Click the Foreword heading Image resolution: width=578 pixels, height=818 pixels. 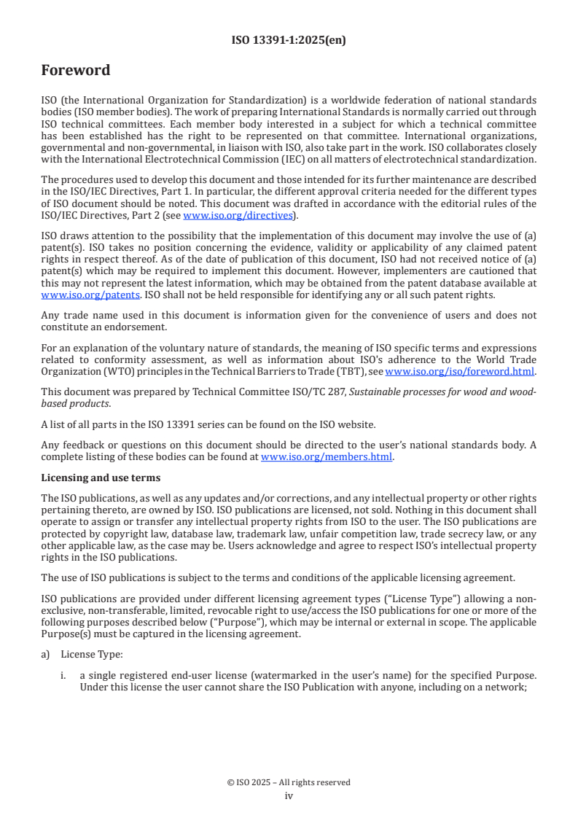coord(76,71)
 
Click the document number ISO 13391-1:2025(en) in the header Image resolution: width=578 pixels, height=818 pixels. coord(289,41)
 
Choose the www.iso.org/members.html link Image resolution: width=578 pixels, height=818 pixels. coord(327,457)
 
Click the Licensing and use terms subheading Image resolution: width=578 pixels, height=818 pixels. coord(101,478)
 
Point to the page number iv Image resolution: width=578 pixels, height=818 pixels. coord(289,795)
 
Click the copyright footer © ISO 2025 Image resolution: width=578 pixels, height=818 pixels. coord(289,782)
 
